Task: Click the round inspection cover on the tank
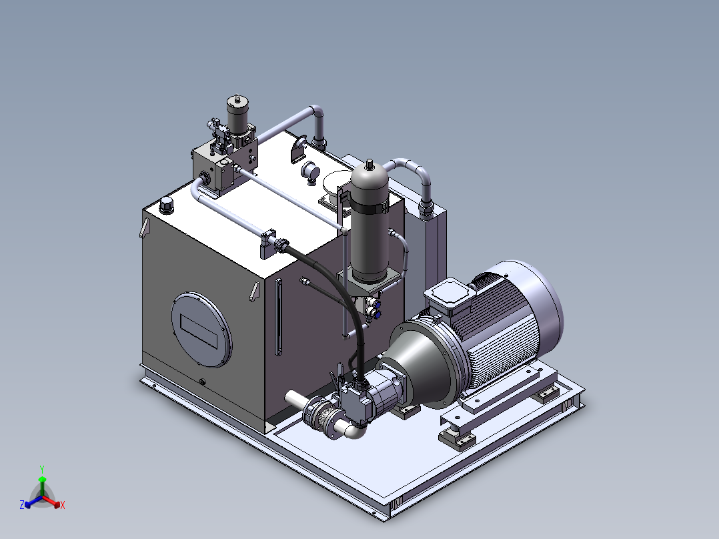[201, 330]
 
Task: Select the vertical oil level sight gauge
[278, 317]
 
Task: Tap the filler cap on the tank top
[167, 205]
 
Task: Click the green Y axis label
[42, 469]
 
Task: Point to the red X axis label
[63, 505]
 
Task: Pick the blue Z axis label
[22, 504]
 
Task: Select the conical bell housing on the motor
[422, 358]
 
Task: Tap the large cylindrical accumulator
[370, 220]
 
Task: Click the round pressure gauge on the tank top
[310, 171]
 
